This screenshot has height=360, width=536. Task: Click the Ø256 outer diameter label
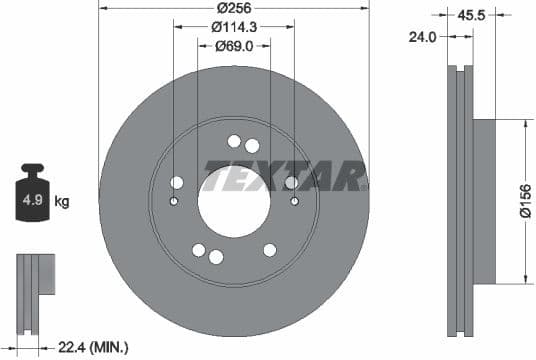(x=233, y=8)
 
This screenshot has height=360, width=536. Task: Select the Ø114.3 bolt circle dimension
(x=233, y=27)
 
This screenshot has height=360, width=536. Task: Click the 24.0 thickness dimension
(x=426, y=36)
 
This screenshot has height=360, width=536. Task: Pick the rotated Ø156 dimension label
(x=524, y=199)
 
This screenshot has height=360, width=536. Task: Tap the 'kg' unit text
(x=62, y=202)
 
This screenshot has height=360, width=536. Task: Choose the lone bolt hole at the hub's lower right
(x=269, y=250)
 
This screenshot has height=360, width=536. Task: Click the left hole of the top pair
(x=234, y=141)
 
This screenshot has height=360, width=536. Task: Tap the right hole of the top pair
(x=252, y=146)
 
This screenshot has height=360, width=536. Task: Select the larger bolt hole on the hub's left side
(x=177, y=182)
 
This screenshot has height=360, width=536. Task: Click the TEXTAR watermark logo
(x=285, y=177)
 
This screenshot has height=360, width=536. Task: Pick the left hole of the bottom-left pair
(x=198, y=250)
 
